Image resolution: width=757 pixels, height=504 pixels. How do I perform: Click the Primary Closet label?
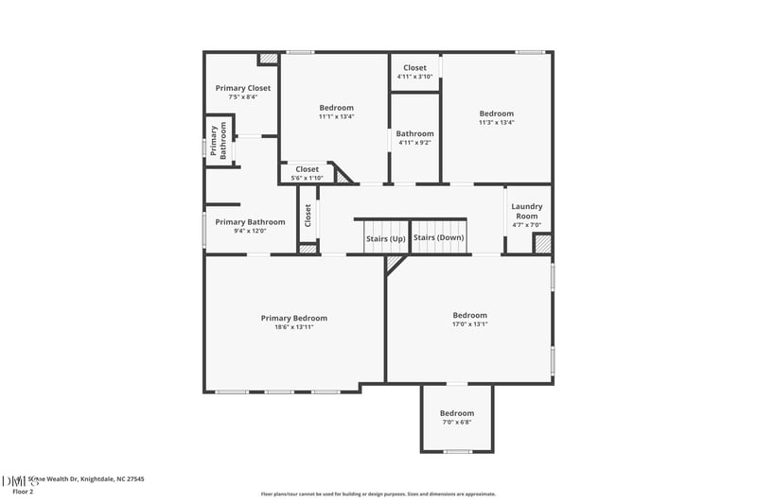point(242,87)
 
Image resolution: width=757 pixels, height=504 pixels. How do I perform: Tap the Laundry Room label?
point(526,211)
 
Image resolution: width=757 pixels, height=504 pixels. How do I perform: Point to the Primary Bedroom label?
point(294,319)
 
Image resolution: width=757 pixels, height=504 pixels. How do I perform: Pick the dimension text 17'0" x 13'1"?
point(469,324)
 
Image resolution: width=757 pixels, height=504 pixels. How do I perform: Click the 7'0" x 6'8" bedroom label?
point(457,423)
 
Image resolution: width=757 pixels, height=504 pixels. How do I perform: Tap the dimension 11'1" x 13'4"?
point(336,117)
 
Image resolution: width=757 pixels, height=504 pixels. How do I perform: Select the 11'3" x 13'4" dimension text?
point(496,122)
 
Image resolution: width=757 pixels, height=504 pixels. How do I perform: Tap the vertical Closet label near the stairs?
point(308,215)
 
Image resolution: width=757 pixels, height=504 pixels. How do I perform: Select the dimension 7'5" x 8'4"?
point(242,96)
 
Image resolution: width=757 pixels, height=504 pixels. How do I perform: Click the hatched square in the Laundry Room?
point(542,244)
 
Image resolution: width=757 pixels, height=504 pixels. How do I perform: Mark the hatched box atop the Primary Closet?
point(269,58)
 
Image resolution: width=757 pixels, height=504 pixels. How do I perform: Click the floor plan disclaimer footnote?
point(378,494)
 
